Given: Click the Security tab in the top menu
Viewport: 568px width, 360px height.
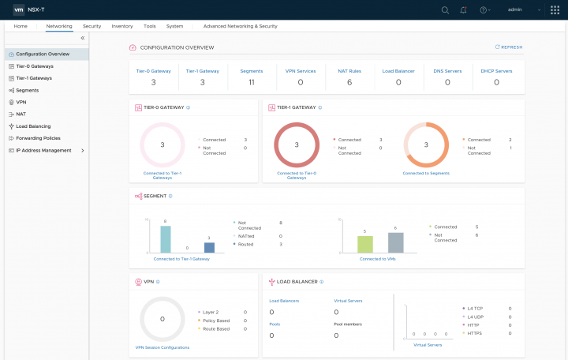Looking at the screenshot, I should point(92,26).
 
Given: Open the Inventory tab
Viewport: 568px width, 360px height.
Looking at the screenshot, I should point(122,26).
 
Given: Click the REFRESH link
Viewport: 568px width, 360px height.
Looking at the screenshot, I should point(509,47).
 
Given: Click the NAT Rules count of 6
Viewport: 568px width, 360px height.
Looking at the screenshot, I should point(349,82).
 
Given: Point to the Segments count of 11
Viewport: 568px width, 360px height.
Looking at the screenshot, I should point(251,82).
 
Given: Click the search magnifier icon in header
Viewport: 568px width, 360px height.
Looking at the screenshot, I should point(445,10).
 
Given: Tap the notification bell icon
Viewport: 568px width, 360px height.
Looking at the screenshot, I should point(464,10).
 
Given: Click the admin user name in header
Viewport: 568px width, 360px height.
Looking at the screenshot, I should point(515,10).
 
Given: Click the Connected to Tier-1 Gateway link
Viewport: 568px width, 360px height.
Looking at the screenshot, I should point(181,259).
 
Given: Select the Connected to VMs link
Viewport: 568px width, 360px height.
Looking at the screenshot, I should point(380,259).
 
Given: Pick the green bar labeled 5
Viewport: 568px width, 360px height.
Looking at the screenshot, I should point(364,244).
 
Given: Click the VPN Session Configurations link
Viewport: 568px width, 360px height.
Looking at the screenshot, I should point(163,347).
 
